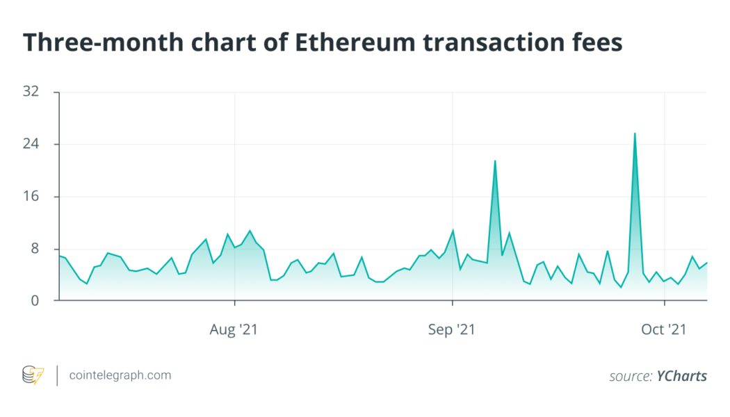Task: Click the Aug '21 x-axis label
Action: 234,329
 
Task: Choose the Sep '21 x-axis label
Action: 452,329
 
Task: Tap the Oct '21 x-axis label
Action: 664,329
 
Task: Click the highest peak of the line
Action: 635,133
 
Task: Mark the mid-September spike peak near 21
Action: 495,161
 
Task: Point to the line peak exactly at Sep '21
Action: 453,230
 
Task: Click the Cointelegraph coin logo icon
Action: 33,375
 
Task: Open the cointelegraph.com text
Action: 120,375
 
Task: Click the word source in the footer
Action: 631,376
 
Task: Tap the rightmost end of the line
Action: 707,262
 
